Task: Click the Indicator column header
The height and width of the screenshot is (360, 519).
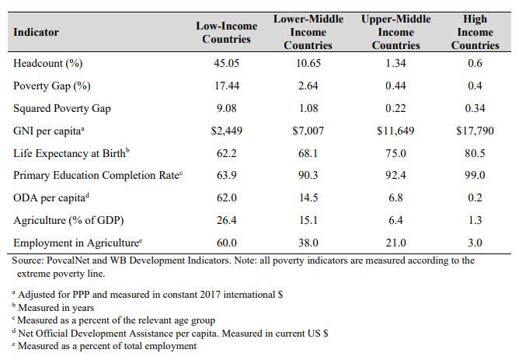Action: coord(36,32)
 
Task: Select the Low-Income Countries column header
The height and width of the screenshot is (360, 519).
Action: coord(227,32)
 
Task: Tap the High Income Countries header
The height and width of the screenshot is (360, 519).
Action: coord(475,32)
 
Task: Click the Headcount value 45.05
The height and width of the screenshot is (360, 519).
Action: coord(227,63)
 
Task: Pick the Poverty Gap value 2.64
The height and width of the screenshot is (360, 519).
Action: coord(310,86)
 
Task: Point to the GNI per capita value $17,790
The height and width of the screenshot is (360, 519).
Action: coord(475,130)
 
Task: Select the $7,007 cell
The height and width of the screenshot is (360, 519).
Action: coord(310,130)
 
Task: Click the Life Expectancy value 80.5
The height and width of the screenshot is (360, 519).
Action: coord(475,152)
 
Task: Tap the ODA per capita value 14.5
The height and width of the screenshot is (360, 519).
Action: coord(310,197)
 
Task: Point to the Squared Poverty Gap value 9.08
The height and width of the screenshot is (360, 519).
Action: coord(227,108)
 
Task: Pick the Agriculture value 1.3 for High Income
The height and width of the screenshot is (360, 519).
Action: coord(475,220)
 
